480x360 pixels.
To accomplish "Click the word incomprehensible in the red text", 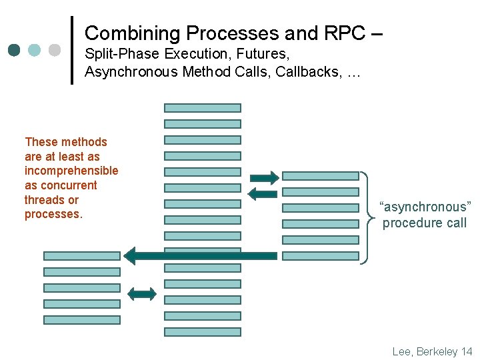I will coord(71,171).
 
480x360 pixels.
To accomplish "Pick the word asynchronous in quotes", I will coord(425,207).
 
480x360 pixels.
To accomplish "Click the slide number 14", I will coord(466,351).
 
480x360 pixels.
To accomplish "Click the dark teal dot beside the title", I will coord(15,50).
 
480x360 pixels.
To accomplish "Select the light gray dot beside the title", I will coord(55,50).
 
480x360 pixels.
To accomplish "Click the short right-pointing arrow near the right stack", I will coord(265,177).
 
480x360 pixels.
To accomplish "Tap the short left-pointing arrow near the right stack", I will coord(262,194).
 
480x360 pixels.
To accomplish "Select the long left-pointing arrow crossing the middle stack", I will coord(200,255).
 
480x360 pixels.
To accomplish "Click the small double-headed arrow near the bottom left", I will coord(141,293).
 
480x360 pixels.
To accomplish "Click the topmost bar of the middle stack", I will coord(203,108).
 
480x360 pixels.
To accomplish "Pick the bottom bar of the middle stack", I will coord(203,332).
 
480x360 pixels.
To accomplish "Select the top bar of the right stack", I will coord(320,176).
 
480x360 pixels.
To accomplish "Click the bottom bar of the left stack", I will coord(82,320).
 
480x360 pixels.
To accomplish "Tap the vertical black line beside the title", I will coord(72,50).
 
